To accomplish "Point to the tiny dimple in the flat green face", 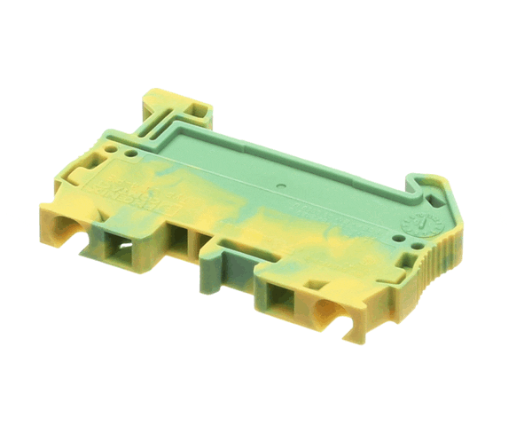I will coord(281,186).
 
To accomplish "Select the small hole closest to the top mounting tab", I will coord(133,152).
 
